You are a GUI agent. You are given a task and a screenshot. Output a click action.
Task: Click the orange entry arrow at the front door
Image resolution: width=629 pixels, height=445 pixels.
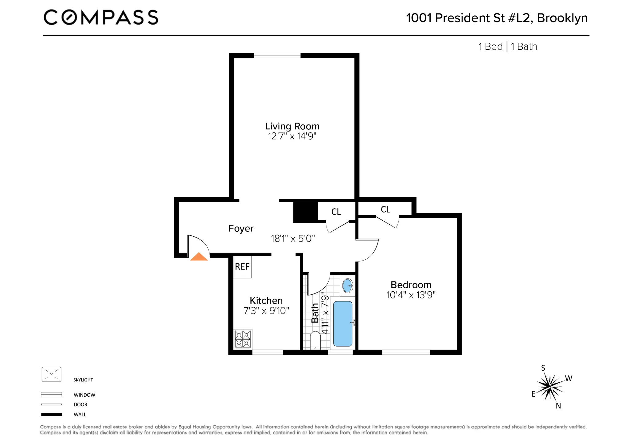[199, 257]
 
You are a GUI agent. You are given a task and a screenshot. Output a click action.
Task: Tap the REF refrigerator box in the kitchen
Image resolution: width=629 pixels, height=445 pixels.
[242, 267]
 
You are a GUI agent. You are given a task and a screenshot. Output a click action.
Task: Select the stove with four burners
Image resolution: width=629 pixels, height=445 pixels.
[243, 339]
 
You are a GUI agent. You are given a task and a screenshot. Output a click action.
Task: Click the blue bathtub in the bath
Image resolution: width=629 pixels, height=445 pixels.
[343, 324]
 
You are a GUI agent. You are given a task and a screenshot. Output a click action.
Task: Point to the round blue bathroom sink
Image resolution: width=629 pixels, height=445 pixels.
[347, 286]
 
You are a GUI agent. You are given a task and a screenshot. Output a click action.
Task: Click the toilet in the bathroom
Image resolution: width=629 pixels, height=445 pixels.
[315, 341]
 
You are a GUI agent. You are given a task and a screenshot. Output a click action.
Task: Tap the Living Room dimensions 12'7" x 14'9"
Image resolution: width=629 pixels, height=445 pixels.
[292, 136]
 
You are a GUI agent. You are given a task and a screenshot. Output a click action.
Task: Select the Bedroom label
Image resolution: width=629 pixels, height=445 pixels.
[411, 285]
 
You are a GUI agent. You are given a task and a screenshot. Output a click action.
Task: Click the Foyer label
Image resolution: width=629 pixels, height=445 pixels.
[241, 228]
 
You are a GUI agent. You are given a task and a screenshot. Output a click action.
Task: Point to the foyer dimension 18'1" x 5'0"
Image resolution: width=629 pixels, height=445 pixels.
[293, 238]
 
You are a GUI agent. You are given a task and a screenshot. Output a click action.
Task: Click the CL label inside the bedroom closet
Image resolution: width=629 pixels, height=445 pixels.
[385, 209]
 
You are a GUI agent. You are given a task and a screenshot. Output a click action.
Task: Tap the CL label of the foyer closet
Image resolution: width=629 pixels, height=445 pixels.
[336, 212]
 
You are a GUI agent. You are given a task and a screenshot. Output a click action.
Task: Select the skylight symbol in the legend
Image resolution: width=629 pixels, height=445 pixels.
[51, 374]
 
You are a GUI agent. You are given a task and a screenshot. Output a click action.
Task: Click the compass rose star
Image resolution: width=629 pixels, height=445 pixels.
[550, 386]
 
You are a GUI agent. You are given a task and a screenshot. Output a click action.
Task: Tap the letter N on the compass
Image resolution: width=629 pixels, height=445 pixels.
[558, 406]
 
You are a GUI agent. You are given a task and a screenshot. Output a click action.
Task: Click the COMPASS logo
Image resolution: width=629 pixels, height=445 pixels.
[101, 17]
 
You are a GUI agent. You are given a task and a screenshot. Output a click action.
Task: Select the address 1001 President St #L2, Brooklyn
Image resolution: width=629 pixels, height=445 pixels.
[497, 18]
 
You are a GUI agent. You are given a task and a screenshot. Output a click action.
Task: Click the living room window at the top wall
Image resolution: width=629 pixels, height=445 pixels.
[277, 55]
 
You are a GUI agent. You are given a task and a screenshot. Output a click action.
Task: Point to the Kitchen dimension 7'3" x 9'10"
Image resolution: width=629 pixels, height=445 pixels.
[266, 311]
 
